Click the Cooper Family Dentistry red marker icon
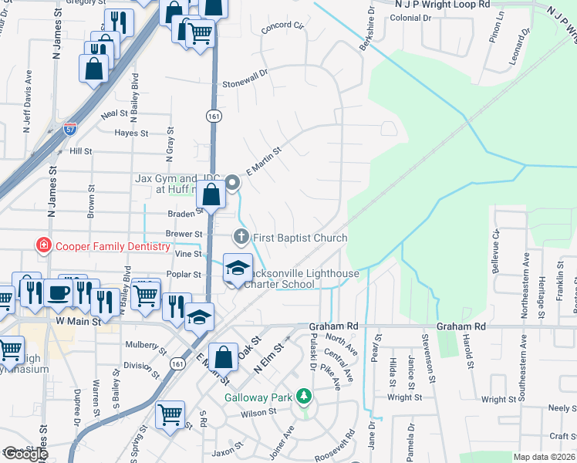[44, 246]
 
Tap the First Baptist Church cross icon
[241, 237]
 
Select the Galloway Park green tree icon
[305, 397]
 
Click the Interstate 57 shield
[70, 127]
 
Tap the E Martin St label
[261, 162]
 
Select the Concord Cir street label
[283, 26]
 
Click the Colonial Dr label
[404, 18]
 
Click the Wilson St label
[258, 413]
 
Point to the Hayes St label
[131, 133]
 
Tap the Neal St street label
[113, 113]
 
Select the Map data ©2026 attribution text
[543, 457]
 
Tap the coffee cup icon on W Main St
[59, 292]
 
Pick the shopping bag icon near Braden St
[211, 195]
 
